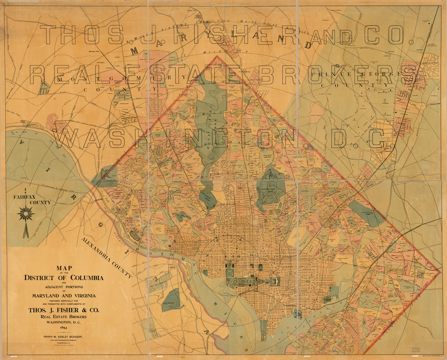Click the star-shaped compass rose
26,214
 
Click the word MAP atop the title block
63,268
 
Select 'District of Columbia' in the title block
63,278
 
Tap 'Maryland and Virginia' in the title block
63,296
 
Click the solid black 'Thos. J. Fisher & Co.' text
63,310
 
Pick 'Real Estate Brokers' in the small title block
63,316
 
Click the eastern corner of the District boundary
440,271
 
